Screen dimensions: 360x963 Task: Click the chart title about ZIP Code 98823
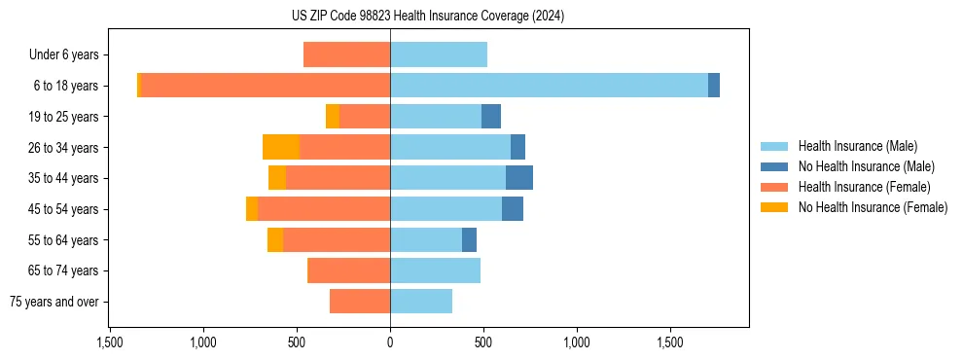428,17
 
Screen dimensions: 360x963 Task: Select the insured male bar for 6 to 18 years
549,86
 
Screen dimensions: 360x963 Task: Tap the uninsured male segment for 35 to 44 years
519,178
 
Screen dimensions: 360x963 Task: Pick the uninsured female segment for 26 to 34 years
281,147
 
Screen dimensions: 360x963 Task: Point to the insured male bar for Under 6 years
439,54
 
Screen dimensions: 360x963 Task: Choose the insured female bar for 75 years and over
360,302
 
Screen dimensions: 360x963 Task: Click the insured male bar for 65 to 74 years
435,270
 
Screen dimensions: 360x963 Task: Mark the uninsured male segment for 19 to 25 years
491,117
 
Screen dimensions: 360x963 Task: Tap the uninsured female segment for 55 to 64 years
275,239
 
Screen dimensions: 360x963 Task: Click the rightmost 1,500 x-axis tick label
670,343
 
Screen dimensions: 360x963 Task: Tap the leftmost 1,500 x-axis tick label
110,343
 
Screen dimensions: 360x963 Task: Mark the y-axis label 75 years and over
54,302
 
